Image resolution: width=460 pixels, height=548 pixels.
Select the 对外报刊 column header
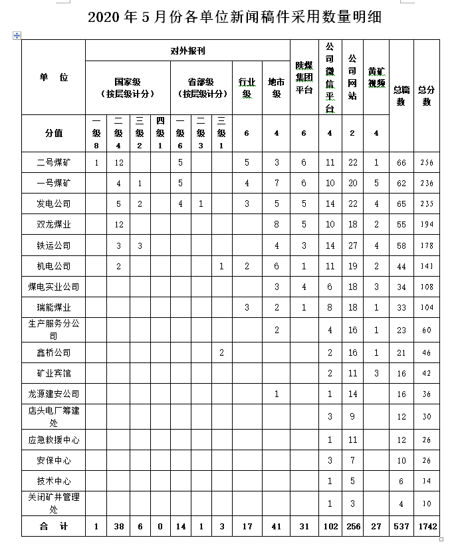click(187, 51)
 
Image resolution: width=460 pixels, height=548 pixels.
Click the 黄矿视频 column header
click(376, 77)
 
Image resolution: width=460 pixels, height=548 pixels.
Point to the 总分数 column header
click(426, 96)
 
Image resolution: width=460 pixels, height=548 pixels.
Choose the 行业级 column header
click(247, 87)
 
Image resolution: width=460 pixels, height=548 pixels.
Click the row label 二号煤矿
click(54, 162)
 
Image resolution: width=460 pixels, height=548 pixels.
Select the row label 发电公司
click(54, 204)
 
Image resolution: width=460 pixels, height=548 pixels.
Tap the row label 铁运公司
click(54, 245)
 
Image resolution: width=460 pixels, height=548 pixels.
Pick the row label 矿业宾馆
click(54, 373)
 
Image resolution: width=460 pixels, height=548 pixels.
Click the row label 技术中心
click(54, 480)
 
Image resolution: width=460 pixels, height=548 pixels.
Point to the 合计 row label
click(54, 526)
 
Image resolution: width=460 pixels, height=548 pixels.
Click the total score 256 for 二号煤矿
click(426, 162)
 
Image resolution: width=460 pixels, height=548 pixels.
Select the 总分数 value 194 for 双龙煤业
click(426, 225)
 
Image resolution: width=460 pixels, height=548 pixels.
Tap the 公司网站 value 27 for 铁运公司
click(352, 245)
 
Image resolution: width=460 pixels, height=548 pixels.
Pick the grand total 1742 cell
click(426, 526)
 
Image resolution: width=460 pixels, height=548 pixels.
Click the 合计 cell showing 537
click(401, 526)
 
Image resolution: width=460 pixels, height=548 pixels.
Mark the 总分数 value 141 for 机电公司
click(426, 266)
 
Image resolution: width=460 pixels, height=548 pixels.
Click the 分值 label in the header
click(54, 133)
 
